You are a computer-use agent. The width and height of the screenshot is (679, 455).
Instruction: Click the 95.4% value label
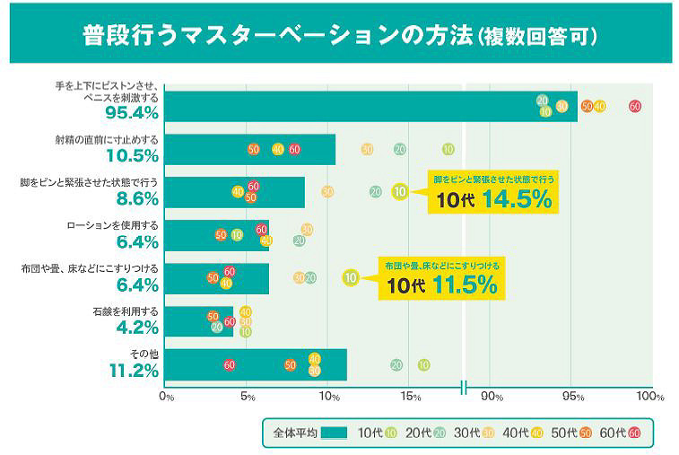(x=132, y=113)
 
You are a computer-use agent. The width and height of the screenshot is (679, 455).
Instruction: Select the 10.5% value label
(x=132, y=156)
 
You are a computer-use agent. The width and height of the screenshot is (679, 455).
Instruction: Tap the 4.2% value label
(x=137, y=328)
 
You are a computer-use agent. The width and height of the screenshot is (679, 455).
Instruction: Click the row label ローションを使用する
(x=113, y=225)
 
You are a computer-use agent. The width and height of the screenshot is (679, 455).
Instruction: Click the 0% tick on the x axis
(x=166, y=396)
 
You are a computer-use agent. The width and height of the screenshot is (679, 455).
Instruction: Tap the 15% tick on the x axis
(x=410, y=396)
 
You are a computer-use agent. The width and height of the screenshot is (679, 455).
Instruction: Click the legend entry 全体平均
(x=309, y=433)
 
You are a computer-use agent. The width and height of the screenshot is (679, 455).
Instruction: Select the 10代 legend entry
(x=378, y=433)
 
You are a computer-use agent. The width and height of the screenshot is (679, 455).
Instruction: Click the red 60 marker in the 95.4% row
(x=635, y=106)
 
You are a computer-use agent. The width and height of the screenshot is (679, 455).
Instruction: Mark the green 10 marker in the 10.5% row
(x=448, y=149)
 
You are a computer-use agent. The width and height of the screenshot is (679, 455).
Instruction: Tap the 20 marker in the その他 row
(x=396, y=364)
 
